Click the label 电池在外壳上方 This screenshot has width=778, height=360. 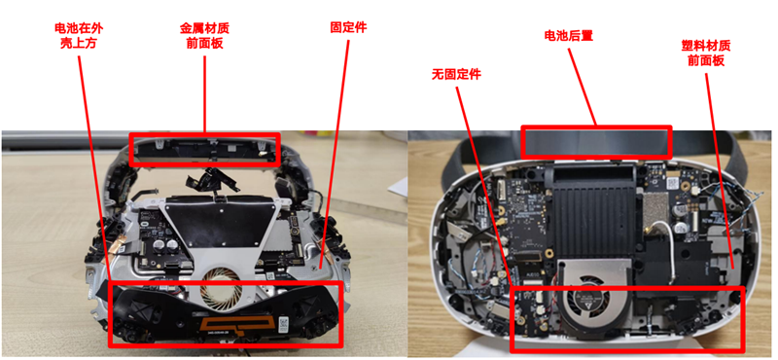(x=79, y=36)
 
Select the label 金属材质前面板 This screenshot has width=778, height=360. (x=204, y=36)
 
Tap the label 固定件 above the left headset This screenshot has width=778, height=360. (x=348, y=27)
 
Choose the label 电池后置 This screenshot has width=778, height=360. (x=569, y=36)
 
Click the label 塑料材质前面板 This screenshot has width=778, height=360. (x=706, y=54)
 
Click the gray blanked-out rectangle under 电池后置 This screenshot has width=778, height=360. (x=596, y=142)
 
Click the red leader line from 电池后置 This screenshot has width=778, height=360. (x=582, y=87)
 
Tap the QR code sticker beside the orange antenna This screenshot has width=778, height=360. (x=284, y=322)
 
